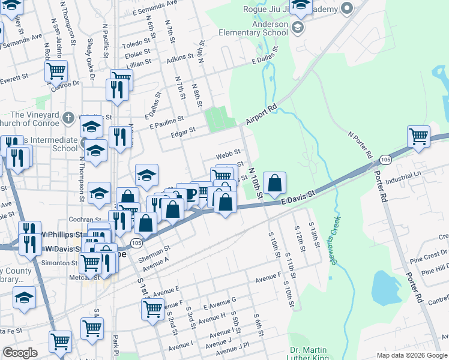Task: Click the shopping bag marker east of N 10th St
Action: [x=274, y=184]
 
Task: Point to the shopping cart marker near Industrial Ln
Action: [x=418, y=136]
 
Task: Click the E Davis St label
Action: [x=299, y=198]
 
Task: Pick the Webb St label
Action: [x=228, y=154]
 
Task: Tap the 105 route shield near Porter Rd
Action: [x=385, y=159]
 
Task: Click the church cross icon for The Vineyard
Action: [x=69, y=117]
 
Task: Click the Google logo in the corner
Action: [x=20, y=353]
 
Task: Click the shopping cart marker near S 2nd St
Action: [x=152, y=309]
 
